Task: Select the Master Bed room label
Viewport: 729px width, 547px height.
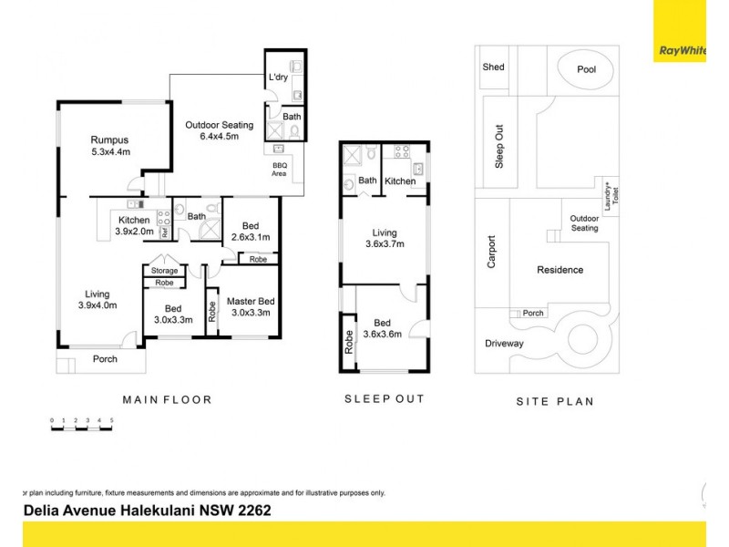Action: coord(251,307)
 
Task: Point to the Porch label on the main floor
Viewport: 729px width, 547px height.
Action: coord(105,359)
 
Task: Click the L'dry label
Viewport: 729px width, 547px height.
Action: coord(278,78)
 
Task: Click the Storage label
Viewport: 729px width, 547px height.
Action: coord(164,271)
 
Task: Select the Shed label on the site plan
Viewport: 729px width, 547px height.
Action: coord(493,67)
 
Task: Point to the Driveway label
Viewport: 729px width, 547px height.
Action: coord(505,343)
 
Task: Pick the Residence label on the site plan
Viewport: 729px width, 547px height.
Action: coord(560,270)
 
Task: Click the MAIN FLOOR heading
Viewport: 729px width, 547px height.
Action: coord(167,399)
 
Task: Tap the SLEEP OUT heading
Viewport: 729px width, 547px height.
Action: coord(384,399)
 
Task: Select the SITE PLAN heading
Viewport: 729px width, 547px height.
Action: coord(554,400)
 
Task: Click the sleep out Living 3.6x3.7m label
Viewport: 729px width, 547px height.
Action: coord(384,237)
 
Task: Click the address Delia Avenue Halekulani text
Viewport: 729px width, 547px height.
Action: coord(146,511)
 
